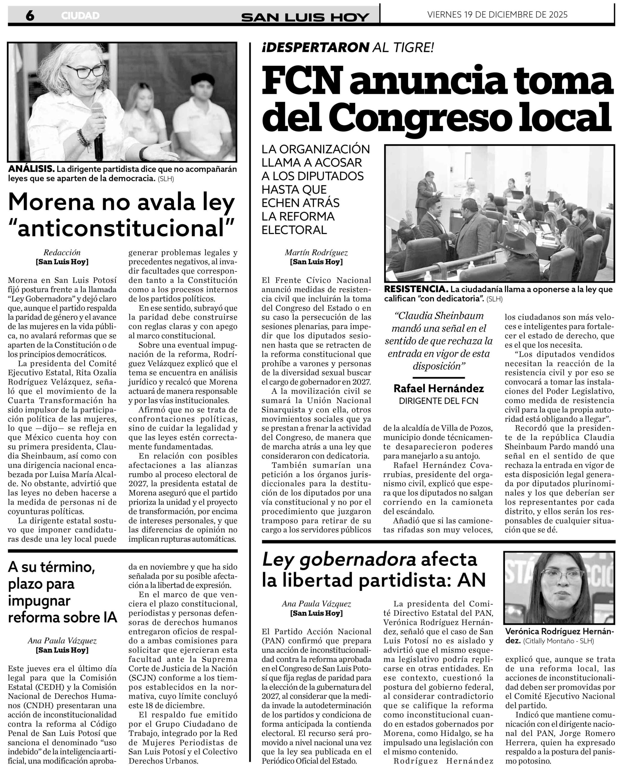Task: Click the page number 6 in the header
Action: (30, 15)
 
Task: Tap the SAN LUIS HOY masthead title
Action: (305, 17)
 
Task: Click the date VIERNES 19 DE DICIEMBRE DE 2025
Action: (497, 14)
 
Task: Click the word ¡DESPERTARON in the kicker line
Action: (315, 47)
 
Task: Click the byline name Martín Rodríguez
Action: (316, 252)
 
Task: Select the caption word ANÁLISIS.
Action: (31, 169)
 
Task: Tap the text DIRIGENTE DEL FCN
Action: (438, 401)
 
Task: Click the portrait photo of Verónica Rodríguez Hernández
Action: (559, 588)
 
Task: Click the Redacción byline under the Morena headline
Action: (62, 252)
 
